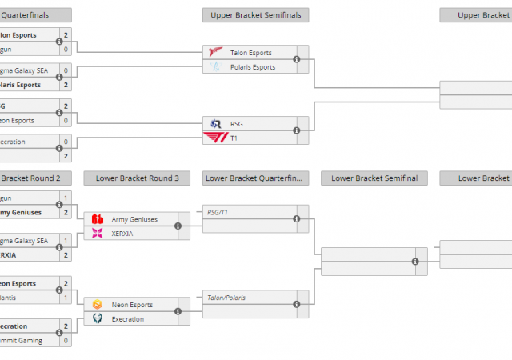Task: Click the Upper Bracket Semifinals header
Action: click(x=256, y=15)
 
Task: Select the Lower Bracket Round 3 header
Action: click(x=137, y=178)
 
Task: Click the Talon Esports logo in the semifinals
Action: click(x=216, y=53)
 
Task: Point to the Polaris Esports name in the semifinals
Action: click(x=253, y=67)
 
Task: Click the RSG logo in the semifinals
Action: click(x=216, y=123)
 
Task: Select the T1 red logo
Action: click(x=216, y=138)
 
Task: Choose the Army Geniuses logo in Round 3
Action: click(x=98, y=219)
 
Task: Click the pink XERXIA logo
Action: click(x=98, y=233)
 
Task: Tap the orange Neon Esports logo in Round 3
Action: click(x=98, y=305)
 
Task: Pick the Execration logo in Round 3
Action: click(x=98, y=319)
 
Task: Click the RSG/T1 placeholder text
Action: click(x=217, y=212)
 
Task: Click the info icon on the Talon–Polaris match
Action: click(x=297, y=59)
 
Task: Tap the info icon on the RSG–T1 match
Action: click(x=297, y=130)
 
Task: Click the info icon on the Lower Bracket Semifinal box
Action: click(x=415, y=262)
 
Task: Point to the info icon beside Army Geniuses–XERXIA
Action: click(x=178, y=226)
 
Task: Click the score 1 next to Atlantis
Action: click(x=66, y=298)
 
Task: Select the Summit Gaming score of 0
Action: click(x=66, y=340)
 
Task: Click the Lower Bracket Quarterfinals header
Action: click(x=256, y=178)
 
